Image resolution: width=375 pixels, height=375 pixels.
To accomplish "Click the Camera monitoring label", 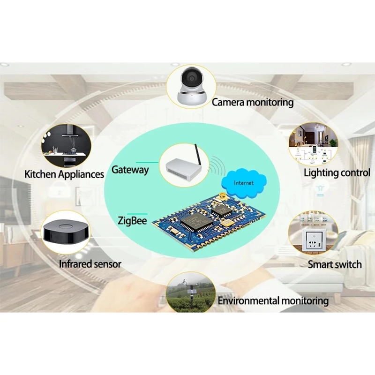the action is (253, 102).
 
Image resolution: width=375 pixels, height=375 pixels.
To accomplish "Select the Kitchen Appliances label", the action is (64, 174).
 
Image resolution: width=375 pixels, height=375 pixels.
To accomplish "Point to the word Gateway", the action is (130, 169).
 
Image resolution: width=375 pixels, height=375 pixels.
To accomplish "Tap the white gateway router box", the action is (180, 167).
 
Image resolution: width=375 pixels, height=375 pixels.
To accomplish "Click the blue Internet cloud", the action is (244, 182).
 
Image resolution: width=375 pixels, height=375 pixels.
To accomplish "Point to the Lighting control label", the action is (337, 172).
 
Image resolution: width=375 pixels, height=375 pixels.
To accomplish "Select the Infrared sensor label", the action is (90, 264).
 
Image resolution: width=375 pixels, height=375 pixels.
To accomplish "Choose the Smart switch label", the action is (335, 264).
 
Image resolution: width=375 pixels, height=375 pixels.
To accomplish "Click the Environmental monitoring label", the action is (273, 300).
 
